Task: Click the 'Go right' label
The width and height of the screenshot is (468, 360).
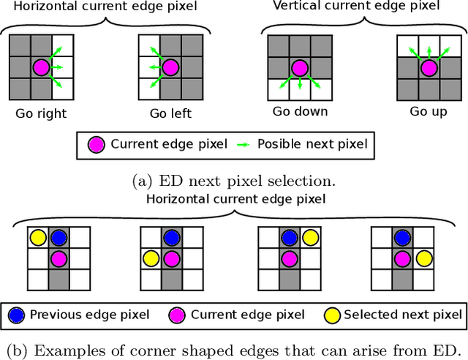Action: click(41, 113)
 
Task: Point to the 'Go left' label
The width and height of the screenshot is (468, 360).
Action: click(170, 113)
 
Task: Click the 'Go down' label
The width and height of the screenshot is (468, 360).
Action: click(300, 112)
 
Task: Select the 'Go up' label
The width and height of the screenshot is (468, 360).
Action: click(429, 112)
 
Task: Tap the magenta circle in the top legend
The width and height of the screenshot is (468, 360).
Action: click(96, 145)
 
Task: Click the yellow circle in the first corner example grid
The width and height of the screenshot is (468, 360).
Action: click(38, 238)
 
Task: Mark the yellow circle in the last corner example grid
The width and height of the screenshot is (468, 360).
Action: click(423, 258)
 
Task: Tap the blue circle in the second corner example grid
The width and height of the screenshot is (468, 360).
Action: click(171, 238)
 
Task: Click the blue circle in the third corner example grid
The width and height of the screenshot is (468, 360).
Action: click(290, 238)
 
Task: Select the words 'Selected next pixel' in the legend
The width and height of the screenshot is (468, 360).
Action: click(402, 315)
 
